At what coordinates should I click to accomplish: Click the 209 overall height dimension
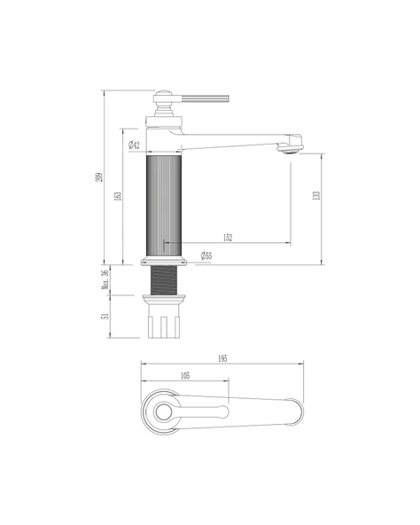[98, 177]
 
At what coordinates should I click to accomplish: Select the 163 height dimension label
[118, 196]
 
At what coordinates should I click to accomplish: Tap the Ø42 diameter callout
[134, 145]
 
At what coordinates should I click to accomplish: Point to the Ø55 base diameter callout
[206, 255]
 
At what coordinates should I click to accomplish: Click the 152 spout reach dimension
[228, 238]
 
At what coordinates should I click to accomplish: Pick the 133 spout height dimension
[316, 195]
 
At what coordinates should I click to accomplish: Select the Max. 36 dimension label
[105, 279]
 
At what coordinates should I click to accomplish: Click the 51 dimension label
[105, 316]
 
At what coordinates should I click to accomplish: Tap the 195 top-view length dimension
[222, 358]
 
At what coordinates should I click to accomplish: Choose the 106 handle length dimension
[185, 376]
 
